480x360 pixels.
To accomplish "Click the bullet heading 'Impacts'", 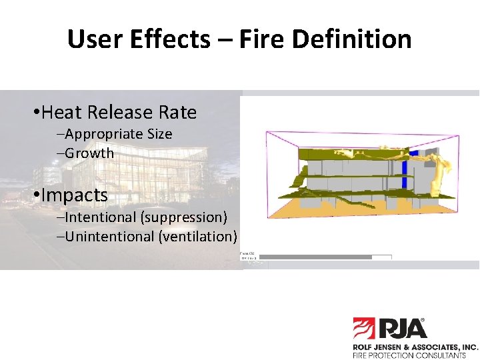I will (x=73, y=195).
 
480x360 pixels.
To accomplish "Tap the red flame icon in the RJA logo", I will (x=365, y=329).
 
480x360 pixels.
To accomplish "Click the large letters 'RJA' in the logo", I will (x=403, y=328).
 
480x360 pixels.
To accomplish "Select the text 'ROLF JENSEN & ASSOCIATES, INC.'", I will (x=415, y=347).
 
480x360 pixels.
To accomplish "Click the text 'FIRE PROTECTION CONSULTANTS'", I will (x=409, y=355).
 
